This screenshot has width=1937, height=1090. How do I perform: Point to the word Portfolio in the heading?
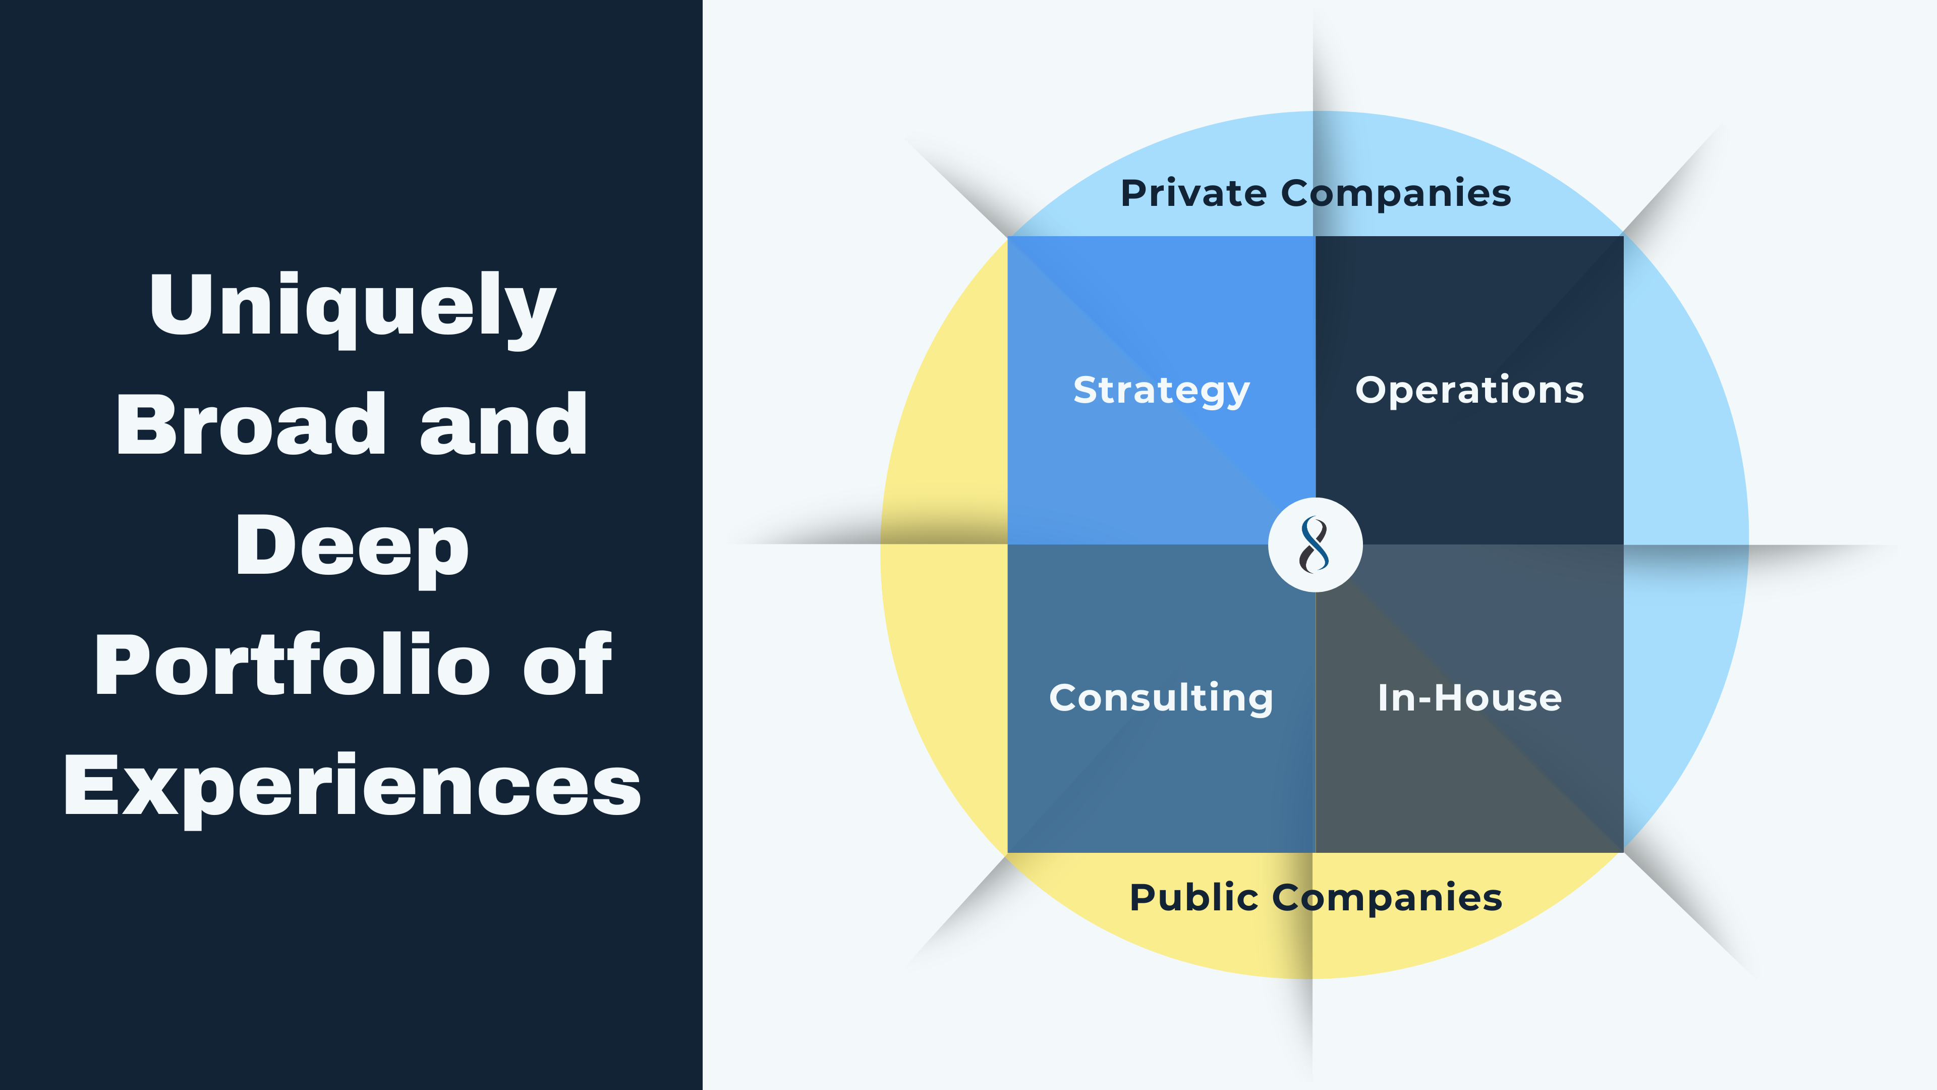(x=293, y=665)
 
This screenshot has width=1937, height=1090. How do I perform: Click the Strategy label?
(x=1161, y=391)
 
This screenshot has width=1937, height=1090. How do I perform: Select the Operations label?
(x=1469, y=391)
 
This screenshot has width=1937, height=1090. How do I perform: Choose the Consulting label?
(x=1161, y=697)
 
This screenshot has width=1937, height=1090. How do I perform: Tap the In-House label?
(x=1469, y=697)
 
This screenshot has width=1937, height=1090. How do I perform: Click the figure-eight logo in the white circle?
(x=1315, y=544)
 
